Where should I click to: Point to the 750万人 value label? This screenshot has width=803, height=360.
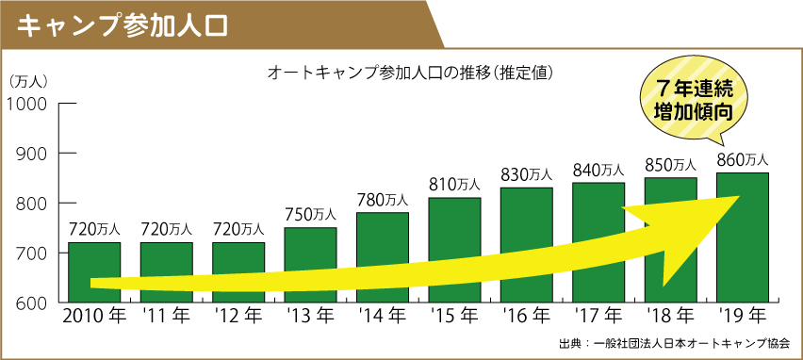[x=310, y=215]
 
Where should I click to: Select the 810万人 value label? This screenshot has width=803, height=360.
[x=454, y=185]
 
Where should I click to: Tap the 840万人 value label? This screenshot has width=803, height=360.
[x=598, y=170]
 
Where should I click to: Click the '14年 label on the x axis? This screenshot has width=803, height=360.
[x=382, y=316]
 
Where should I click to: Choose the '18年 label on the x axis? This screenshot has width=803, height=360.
[x=670, y=316]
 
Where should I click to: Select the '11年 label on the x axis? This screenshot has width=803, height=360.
[x=166, y=316]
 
